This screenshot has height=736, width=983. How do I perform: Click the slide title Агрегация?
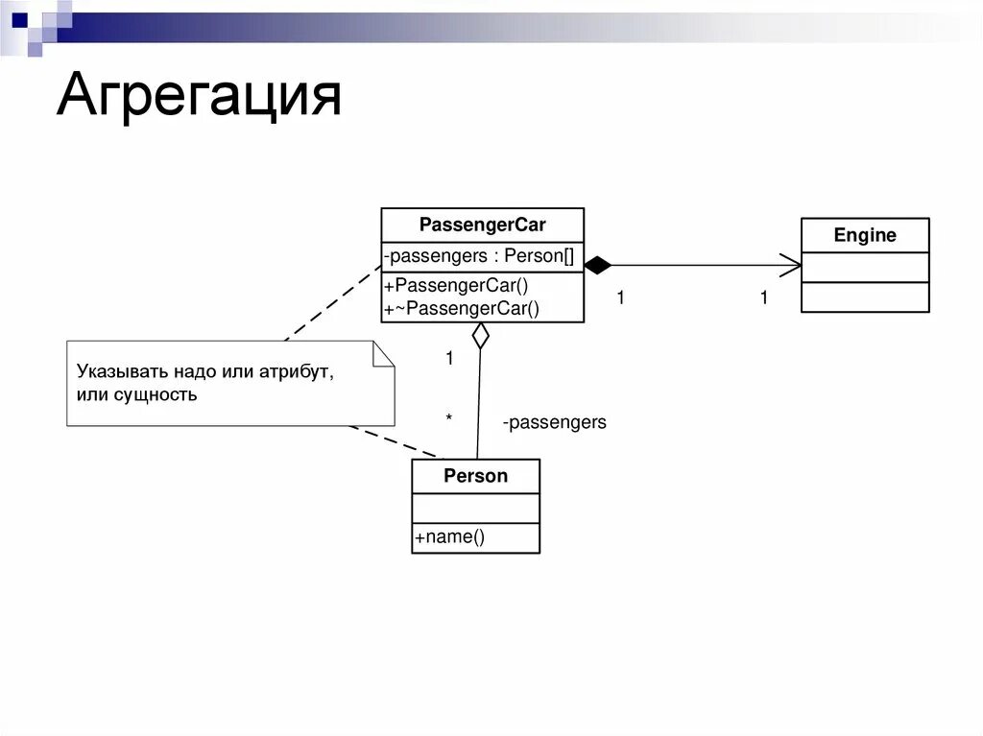[x=199, y=97]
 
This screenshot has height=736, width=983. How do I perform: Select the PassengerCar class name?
[x=482, y=226]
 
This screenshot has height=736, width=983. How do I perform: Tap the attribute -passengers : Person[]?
[x=478, y=256]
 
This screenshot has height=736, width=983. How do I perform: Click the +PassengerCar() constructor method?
[x=456, y=285]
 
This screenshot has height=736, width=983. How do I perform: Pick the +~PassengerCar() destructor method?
[x=462, y=308]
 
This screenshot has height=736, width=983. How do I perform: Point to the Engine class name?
[x=865, y=235]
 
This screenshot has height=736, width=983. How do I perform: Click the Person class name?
[x=475, y=476]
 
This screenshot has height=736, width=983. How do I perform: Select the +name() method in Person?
[x=449, y=537]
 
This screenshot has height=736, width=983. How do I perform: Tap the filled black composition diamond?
[x=597, y=266]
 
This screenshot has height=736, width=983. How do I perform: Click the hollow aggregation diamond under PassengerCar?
[x=480, y=335]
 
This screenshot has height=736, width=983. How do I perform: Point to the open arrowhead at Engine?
[x=791, y=266]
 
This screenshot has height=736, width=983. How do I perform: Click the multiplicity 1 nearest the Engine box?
[x=764, y=298]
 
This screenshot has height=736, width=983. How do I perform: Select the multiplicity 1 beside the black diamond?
[x=620, y=298]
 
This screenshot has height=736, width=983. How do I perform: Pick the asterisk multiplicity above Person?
[x=448, y=418]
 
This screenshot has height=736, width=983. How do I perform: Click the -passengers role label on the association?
[x=554, y=422]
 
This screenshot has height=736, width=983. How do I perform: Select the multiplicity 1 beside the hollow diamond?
[x=448, y=359]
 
